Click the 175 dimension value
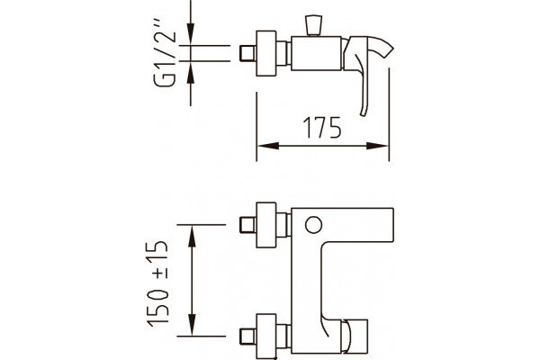(322, 127)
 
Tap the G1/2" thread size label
(165, 58)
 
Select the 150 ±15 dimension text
(157, 283)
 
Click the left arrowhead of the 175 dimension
(268, 146)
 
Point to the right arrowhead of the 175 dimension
(377, 146)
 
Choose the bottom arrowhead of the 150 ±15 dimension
(192, 324)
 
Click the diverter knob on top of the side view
(314, 25)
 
